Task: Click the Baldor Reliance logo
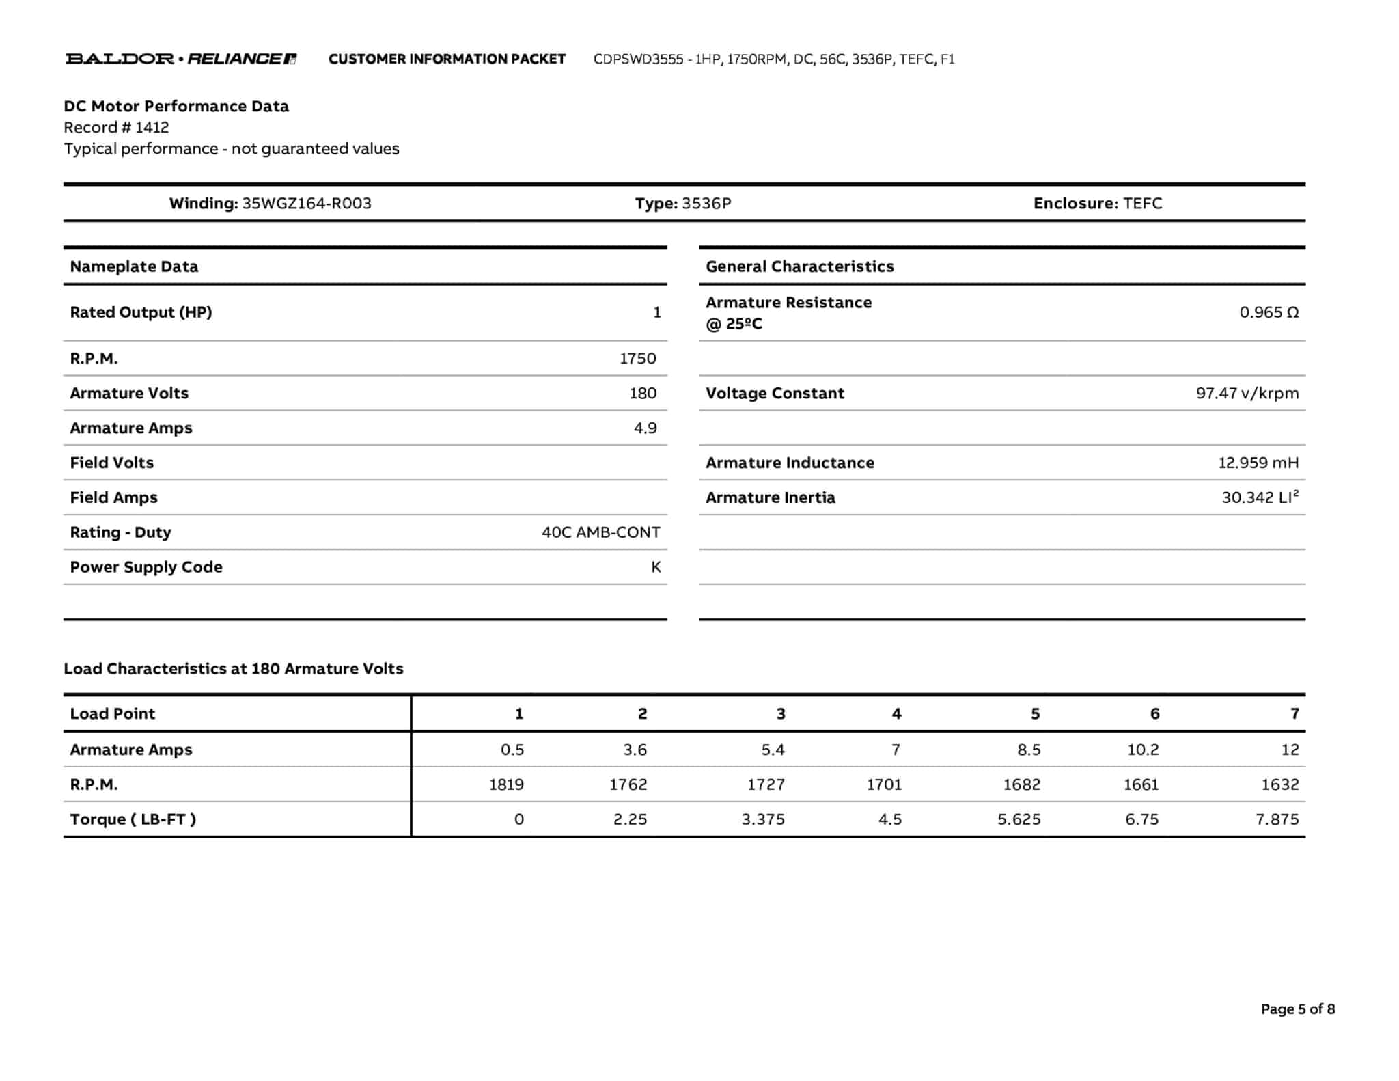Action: tap(180, 59)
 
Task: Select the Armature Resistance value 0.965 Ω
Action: tap(1269, 312)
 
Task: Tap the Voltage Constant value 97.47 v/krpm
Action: tap(1247, 393)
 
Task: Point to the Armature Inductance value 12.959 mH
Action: tap(1258, 463)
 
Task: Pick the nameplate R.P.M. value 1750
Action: tap(637, 358)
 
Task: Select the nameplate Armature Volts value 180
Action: tap(642, 393)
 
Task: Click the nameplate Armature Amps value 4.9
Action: tap(645, 428)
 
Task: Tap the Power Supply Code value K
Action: tap(656, 567)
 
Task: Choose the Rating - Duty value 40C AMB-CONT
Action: tap(600, 532)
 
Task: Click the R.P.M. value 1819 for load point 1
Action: tap(506, 784)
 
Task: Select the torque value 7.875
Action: tap(1277, 819)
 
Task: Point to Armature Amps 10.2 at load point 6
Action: tap(1143, 750)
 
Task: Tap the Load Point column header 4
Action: tap(896, 714)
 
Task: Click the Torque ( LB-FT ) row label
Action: tap(133, 819)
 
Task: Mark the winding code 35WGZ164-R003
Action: tap(307, 204)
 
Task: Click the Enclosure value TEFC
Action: tap(1142, 204)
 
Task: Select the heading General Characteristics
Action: tap(799, 266)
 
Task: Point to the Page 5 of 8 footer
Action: tap(1297, 1009)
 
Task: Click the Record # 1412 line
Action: tap(116, 128)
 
